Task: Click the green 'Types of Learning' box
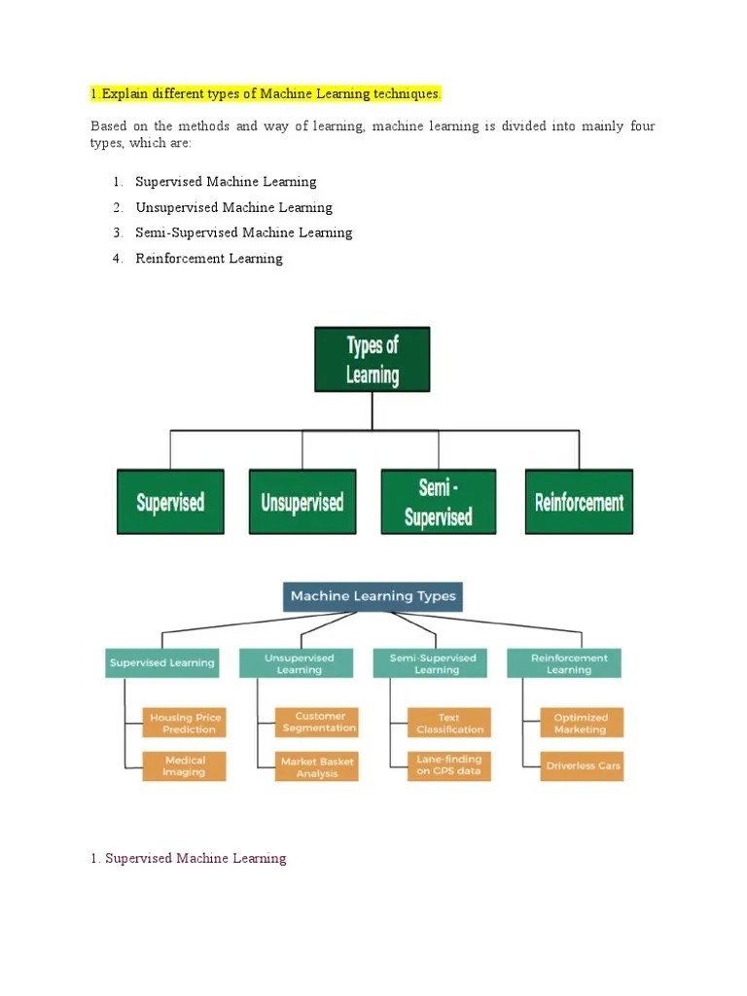(x=372, y=360)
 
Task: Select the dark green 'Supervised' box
(x=170, y=502)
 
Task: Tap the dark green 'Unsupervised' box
(x=302, y=502)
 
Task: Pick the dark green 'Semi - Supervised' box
(x=438, y=502)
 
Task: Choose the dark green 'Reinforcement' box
(x=579, y=502)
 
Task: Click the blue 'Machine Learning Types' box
(x=373, y=596)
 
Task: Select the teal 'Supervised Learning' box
(x=161, y=663)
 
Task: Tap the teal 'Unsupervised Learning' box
(x=299, y=663)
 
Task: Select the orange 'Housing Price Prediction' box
(x=185, y=723)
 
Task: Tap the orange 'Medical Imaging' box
(x=185, y=765)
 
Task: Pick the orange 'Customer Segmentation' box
(x=318, y=722)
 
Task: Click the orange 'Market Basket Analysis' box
(x=317, y=766)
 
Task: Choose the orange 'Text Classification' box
(x=449, y=723)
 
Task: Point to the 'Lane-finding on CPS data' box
(x=449, y=765)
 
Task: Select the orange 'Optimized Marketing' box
(x=581, y=723)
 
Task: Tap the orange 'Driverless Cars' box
(x=582, y=765)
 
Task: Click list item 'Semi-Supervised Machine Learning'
(x=243, y=232)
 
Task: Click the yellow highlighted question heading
(x=266, y=93)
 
